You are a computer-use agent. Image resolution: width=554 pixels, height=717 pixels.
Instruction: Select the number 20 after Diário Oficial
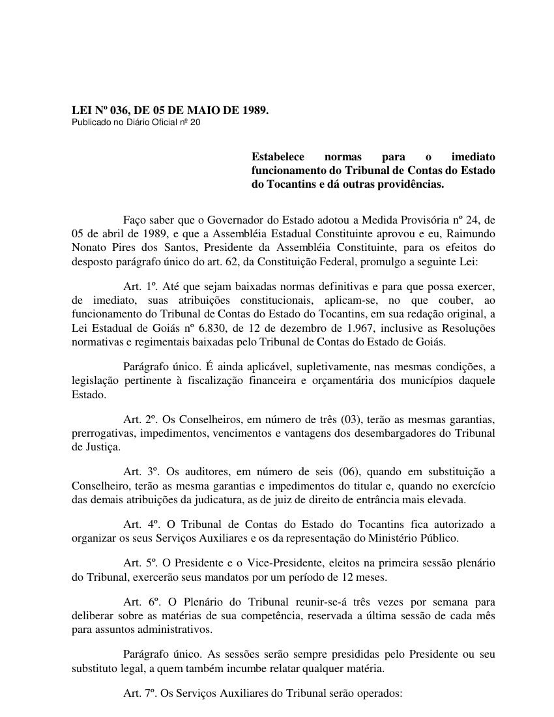coord(196,122)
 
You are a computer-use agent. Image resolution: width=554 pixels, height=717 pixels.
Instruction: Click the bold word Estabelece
coord(278,157)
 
